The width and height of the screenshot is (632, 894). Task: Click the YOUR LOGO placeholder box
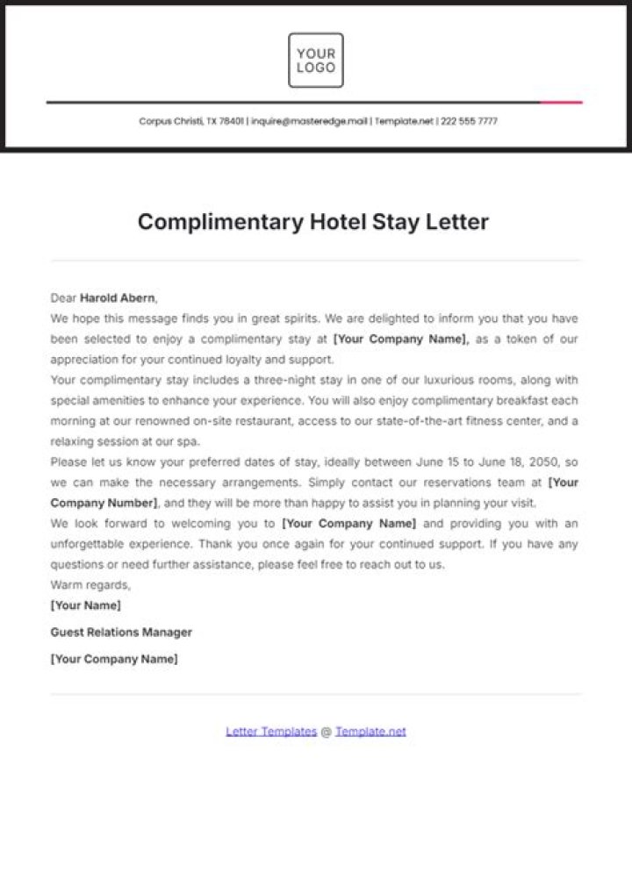pyautogui.click(x=316, y=61)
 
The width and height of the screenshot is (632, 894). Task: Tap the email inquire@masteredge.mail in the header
pyautogui.click(x=310, y=122)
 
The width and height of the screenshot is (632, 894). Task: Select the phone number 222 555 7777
pyautogui.click(x=469, y=122)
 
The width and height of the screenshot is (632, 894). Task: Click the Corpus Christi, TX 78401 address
pyautogui.click(x=191, y=122)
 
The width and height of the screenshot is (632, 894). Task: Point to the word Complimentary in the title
pyautogui.click(x=220, y=221)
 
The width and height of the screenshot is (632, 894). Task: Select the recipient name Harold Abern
pyautogui.click(x=118, y=297)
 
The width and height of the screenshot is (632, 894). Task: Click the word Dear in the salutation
pyautogui.click(x=64, y=297)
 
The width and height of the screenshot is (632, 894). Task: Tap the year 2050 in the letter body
pyautogui.click(x=541, y=461)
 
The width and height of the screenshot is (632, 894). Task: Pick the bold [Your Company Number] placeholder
pyautogui.click(x=104, y=503)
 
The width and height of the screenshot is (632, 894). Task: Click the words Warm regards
pyautogui.click(x=90, y=584)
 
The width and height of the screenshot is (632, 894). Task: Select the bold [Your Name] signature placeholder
pyautogui.click(x=86, y=605)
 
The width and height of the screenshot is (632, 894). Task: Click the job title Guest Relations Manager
pyautogui.click(x=121, y=632)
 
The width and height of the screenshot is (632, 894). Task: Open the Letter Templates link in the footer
pyautogui.click(x=271, y=731)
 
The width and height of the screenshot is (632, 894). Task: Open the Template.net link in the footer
pyautogui.click(x=370, y=731)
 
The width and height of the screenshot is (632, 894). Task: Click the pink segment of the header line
pyautogui.click(x=561, y=103)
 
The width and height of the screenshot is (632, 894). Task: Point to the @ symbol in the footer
pyautogui.click(x=326, y=731)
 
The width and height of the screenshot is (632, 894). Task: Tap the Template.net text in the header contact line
pyautogui.click(x=404, y=122)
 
